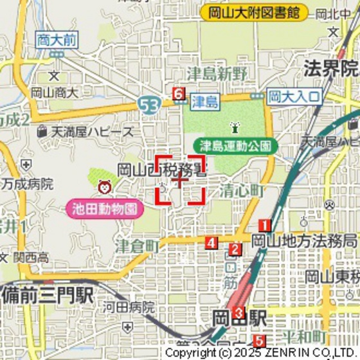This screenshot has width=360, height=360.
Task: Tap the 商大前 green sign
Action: [57, 40]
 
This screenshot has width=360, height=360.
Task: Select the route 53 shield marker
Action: [150, 104]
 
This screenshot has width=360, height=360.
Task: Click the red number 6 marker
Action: [179, 94]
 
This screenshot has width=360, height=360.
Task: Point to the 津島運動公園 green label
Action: [236, 145]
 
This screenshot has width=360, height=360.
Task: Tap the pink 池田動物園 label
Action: [104, 208]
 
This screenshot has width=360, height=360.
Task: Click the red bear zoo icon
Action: [104, 187]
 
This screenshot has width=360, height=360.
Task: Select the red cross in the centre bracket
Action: [179, 179]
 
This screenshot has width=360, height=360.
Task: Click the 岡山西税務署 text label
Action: [161, 170]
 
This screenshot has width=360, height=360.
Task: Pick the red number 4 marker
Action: [211, 243]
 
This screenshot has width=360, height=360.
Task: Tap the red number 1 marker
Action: [264, 225]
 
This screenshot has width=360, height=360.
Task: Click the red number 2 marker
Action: [236, 250]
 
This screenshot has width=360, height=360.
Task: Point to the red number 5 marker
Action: [258, 341]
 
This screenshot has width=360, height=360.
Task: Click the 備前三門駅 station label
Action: [48, 296]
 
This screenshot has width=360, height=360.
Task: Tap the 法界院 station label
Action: [330, 68]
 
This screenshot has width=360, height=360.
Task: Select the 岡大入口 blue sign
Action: [294, 96]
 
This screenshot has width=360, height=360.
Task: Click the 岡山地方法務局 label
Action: [303, 241]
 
